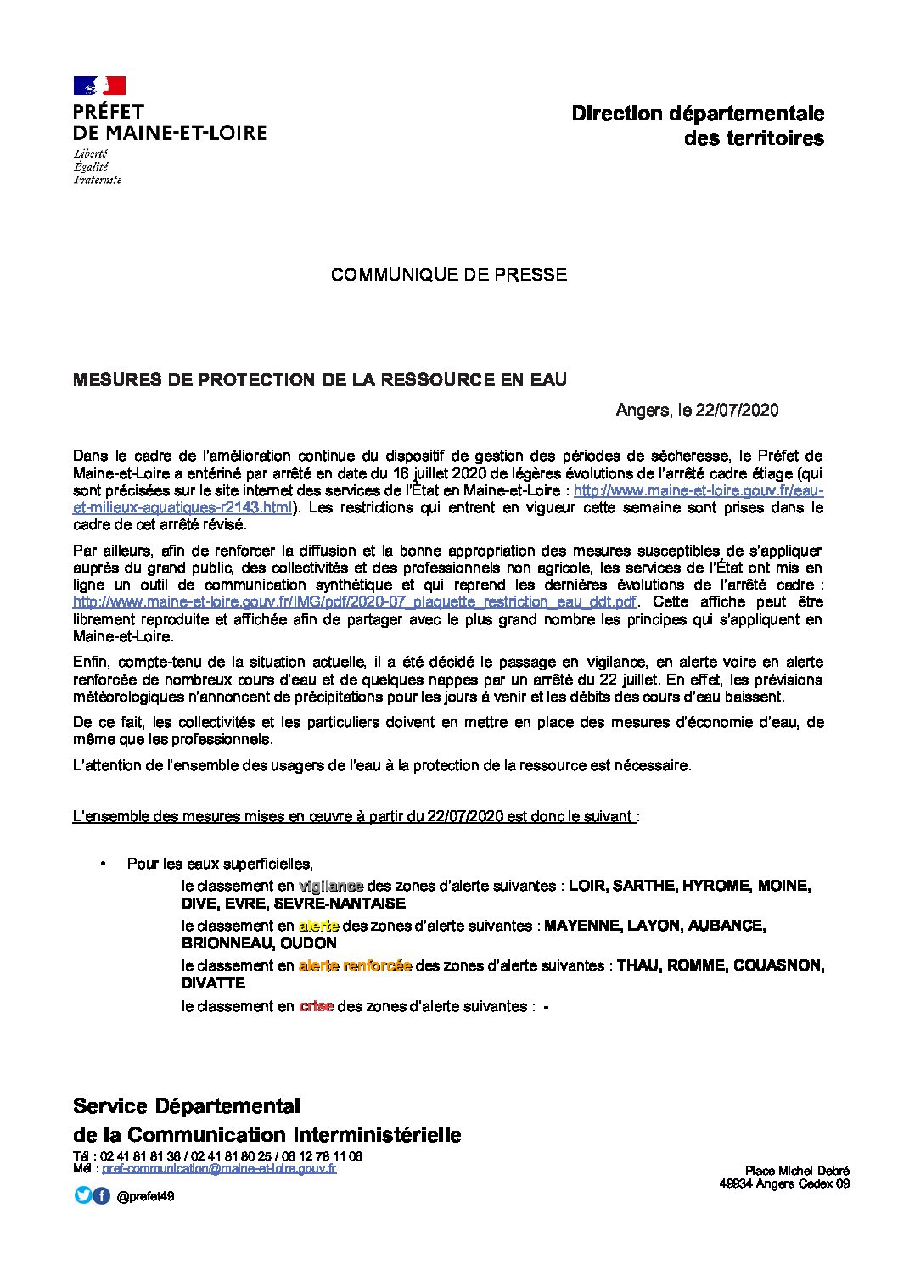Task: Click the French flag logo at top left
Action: click(99, 85)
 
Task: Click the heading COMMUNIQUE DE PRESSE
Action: click(448, 275)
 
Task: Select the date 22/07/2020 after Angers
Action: click(737, 411)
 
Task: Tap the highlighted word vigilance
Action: click(331, 886)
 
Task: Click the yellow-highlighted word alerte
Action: click(318, 926)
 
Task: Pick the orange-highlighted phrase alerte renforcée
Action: click(355, 965)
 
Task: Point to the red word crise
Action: click(316, 1006)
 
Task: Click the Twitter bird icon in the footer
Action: click(83, 1195)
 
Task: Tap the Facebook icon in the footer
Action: click(101, 1195)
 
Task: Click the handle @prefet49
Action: click(145, 1196)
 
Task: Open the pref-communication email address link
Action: click(219, 1168)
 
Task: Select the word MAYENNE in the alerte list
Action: click(581, 926)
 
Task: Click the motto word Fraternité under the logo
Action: click(97, 180)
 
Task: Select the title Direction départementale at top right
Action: click(698, 114)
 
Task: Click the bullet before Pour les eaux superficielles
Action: click(104, 864)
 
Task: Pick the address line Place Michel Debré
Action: click(797, 1171)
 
